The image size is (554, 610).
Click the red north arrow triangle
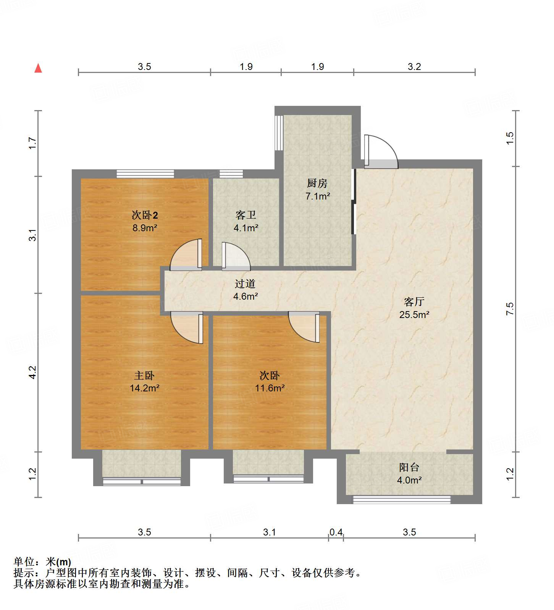(38, 68)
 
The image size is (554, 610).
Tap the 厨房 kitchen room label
(317, 183)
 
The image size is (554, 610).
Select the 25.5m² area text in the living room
(414, 315)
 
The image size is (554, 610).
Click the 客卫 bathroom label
(246, 215)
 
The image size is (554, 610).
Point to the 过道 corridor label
(245, 284)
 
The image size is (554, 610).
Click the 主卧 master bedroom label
(144, 375)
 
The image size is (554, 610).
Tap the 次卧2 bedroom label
(145, 215)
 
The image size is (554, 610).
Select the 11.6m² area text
(270, 388)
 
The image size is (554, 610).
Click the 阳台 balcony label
(409, 467)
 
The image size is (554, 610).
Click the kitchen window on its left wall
(279, 133)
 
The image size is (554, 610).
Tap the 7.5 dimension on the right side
(510, 308)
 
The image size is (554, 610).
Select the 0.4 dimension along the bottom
(336, 532)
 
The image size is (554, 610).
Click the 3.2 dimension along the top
(414, 67)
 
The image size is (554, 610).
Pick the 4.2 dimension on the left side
(33, 372)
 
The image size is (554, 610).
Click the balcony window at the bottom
(401, 499)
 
